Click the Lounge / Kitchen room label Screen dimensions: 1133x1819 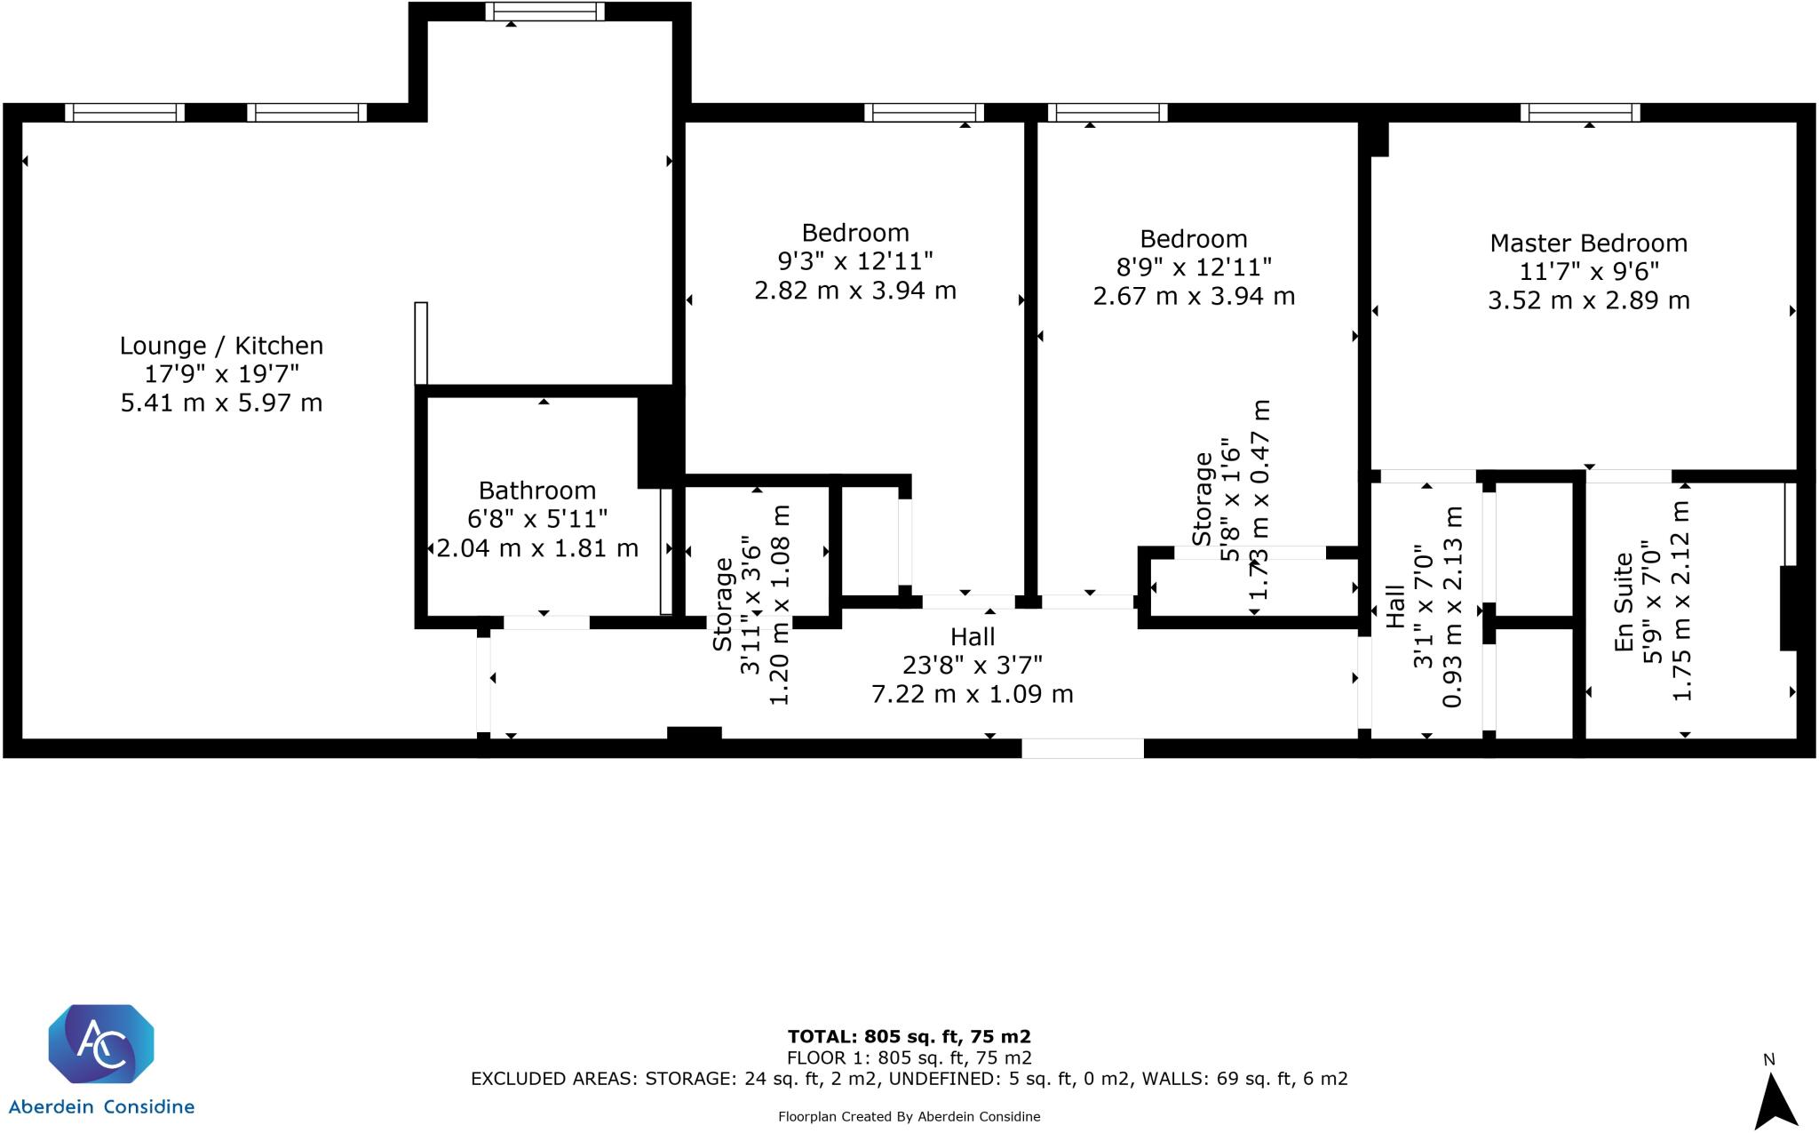click(221, 346)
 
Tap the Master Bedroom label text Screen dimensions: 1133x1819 click(1588, 243)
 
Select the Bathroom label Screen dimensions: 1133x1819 click(536, 491)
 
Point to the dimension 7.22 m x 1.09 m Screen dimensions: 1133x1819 click(973, 694)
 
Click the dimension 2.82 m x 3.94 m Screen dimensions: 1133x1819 click(854, 291)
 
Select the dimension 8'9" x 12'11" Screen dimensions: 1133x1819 click(1194, 267)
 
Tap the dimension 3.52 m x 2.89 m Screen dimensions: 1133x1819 click(1588, 300)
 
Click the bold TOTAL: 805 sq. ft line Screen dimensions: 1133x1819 click(909, 1036)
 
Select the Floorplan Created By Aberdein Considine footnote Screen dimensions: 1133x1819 click(909, 1117)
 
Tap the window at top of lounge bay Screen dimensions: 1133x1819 click(544, 12)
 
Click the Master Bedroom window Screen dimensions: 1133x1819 click(1579, 112)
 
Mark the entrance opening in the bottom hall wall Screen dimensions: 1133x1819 click(1082, 748)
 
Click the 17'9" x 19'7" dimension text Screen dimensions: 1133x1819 click(221, 374)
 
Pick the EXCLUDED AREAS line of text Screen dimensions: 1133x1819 click(909, 1079)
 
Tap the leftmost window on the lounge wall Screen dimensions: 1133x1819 click(124, 112)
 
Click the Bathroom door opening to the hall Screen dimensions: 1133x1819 click(545, 622)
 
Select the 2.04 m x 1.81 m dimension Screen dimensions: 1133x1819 click(536, 548)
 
